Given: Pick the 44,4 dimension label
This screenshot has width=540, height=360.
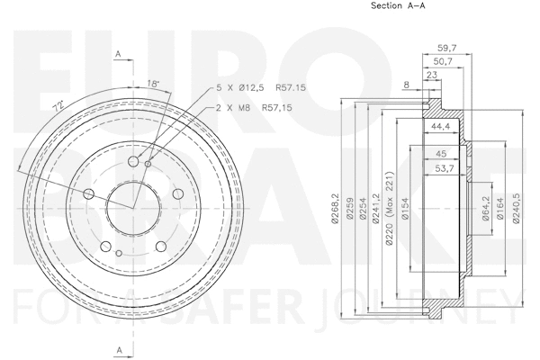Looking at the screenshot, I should [x=440, y=127].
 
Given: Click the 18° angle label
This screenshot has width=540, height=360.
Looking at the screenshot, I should [x=155, y=84].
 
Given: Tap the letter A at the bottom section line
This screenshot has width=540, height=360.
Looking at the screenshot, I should [x=119, y=347].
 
